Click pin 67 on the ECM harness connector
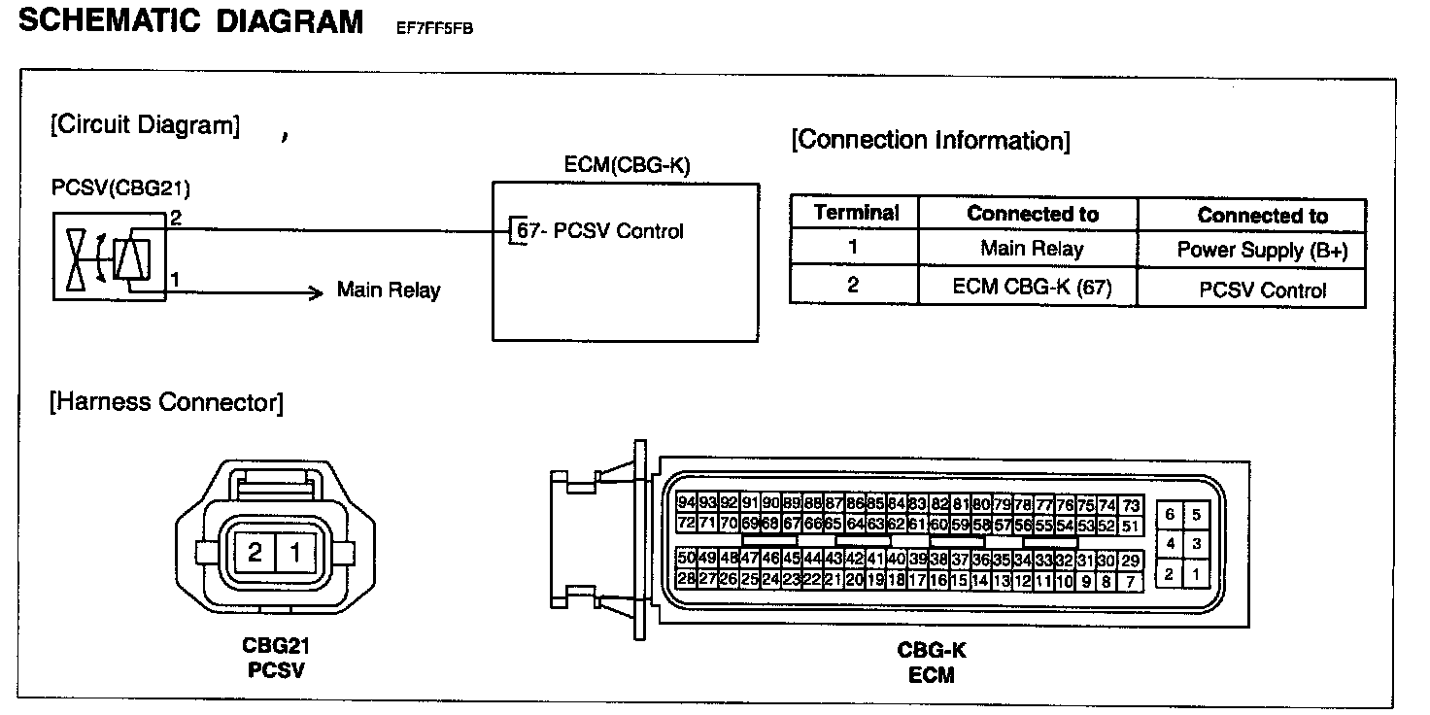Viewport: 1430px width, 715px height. [791, 525]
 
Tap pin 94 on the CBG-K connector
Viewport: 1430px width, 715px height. [687, 503]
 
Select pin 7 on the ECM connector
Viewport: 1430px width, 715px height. [1130, 582]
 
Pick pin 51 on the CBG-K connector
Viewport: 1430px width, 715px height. [1130, 526]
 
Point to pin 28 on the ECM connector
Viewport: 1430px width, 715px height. [687, 579]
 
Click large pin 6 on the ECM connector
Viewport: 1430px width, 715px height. [1170, 515]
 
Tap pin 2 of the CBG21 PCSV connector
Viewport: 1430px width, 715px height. [255, 554]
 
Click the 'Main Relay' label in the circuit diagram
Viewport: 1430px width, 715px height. [388, 289]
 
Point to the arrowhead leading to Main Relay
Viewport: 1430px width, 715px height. [316, 292]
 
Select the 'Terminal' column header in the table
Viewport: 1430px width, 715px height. [856, 213]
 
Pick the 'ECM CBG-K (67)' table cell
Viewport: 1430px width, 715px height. [1032, 288]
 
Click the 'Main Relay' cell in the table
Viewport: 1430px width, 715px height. [1031, 249]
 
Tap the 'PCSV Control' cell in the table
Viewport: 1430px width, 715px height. [1262, 289]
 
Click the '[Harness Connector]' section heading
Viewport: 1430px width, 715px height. [166, 401]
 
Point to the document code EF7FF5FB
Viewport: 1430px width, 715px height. [434, 28]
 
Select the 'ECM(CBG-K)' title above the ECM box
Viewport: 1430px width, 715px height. [627, 165]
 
